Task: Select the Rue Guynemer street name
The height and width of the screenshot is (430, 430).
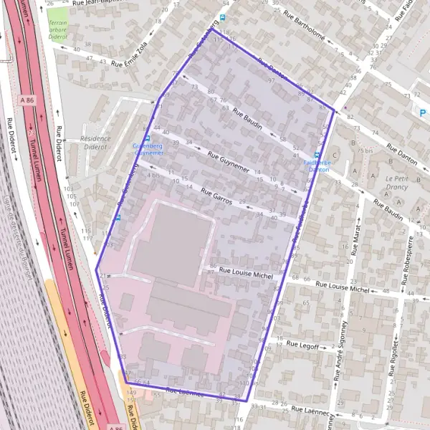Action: (x=229, y=163)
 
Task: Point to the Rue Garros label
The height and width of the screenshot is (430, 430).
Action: (x=217, y=196)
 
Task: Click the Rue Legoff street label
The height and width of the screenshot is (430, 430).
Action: (x=302, y=344)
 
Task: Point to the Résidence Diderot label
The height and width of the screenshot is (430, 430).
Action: (x=96, y=143)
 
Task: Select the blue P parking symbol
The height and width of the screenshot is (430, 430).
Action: (x=423, y=113)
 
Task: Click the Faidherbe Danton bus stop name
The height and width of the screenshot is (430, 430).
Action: (x=317, y=166)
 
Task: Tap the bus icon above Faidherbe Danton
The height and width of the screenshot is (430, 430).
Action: (x=317, y=154)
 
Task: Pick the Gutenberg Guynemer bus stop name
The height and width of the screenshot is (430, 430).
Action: (x=148, y=149)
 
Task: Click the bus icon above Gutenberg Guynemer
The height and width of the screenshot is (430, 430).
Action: (x=147, y=138)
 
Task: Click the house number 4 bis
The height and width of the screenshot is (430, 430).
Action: (x=154, y=174)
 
